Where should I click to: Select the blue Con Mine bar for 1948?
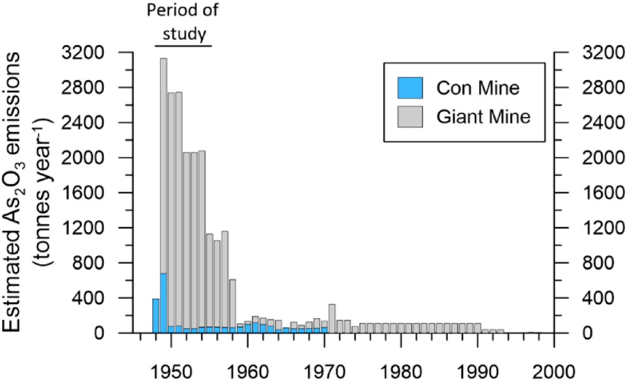coord(155,316)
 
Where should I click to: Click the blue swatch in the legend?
coord(410,86)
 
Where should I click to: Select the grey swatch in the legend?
coord(410,117)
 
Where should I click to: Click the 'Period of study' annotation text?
coord(183,20)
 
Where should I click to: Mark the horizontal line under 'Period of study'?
coord(183,46)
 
